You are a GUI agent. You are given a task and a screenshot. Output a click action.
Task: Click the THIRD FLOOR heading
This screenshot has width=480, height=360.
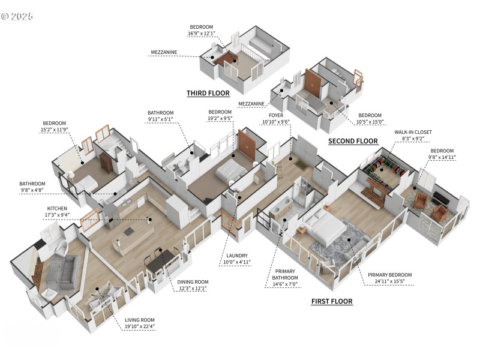coord(208,93)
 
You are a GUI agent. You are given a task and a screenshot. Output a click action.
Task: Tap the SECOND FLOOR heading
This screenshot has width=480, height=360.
coord(353,141)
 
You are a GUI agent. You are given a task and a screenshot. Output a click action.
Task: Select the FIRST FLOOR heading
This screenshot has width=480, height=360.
coord(331,301)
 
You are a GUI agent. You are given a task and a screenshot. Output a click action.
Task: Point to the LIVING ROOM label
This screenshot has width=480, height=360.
coord(140,320)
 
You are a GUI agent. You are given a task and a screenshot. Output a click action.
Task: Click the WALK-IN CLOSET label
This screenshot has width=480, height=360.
coord(413,131)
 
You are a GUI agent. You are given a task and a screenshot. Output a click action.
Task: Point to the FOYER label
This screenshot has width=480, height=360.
coord(276,115)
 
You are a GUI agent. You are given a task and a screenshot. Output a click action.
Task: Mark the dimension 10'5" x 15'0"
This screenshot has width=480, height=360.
coord(370,122)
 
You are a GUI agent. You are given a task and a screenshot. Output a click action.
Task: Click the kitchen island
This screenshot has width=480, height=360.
coord(128,229)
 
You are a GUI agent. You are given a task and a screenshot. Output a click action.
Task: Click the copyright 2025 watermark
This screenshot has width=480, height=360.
coord(17,16)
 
